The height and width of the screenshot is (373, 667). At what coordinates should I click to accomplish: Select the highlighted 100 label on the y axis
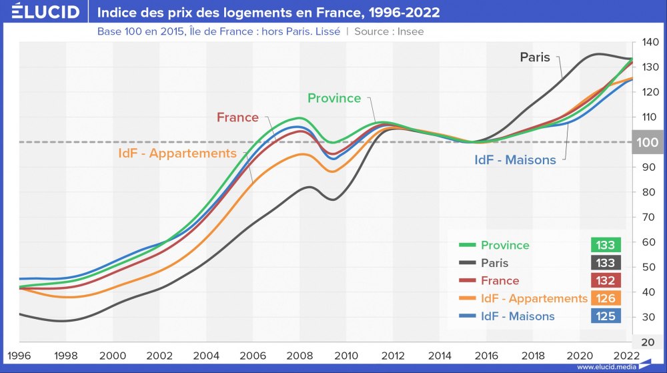tap(648, 142)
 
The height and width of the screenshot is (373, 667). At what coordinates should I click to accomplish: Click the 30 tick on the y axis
tap(648, 317)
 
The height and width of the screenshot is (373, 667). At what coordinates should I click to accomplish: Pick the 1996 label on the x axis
tap(19, 355)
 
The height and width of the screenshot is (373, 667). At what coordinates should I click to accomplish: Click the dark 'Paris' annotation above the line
tap(535, 57)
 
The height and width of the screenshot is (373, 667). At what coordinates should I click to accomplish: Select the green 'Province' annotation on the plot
tap(333, 98)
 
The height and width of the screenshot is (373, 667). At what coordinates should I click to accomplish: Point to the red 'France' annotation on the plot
tap(237, 117)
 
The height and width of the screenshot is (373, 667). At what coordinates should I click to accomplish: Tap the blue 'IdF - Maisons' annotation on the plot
tap(515, 160)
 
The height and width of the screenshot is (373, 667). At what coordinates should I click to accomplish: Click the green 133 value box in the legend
tap(606, 245)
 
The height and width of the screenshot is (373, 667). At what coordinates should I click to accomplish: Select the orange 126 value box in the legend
tap(606, 298)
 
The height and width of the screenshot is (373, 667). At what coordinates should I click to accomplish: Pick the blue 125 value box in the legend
tap(606, 316)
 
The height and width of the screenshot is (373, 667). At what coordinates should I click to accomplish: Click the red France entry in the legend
tap(500, 281)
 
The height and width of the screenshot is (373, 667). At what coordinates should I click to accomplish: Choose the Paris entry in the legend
tap(494, 263)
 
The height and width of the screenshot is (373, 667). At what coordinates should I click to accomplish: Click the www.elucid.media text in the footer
tap(605, 367)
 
